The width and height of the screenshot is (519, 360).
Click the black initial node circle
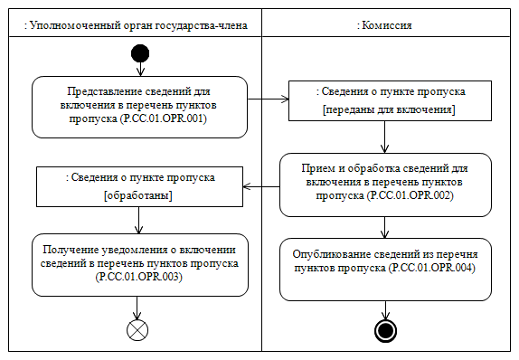[x=140, y=54]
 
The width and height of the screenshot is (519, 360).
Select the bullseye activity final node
[x=386, y=330]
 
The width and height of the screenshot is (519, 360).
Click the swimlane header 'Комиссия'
[x=386, y=24]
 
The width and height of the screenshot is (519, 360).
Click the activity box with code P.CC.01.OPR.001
[x=140, y=107]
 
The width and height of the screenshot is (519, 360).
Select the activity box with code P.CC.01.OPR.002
[x=386, y=185]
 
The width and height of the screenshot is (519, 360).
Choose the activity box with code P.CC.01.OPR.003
[x=140, y=265]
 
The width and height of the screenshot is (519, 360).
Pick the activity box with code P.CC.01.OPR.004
[x=386, y=269]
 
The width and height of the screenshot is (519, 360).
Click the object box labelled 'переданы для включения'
[x=389, y=100]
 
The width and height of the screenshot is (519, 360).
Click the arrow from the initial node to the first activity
[x=140, y=71]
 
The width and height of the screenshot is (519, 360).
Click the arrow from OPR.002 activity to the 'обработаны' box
[x=262, y=187]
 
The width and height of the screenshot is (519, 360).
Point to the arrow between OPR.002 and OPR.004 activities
[x=386, y=226]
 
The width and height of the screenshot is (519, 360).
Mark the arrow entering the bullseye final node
[x=386, y=309]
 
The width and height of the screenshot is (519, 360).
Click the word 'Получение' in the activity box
[x=84, y=250]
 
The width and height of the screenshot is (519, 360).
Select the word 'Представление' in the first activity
[x=101, y=91]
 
